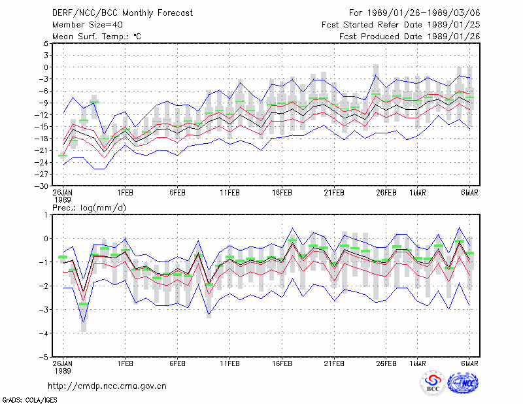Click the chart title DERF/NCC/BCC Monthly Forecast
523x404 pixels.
122,13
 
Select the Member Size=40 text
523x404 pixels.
88,25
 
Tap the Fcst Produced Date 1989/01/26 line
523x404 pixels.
410,37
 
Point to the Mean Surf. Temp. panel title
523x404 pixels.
97,37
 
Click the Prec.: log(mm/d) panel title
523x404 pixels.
89,208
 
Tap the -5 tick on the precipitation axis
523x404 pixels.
44,357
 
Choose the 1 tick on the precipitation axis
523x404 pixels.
46,215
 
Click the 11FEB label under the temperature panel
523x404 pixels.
229,193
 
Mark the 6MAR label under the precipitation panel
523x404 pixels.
469,363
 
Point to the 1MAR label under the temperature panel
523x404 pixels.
418,193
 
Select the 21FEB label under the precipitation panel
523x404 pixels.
334,363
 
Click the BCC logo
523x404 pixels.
433,384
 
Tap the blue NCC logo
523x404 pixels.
463,383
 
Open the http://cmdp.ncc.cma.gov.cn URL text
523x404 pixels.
107,386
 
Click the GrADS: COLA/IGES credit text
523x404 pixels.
30,400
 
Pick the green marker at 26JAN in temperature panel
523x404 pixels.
63,156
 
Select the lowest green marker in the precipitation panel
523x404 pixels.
84,304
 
